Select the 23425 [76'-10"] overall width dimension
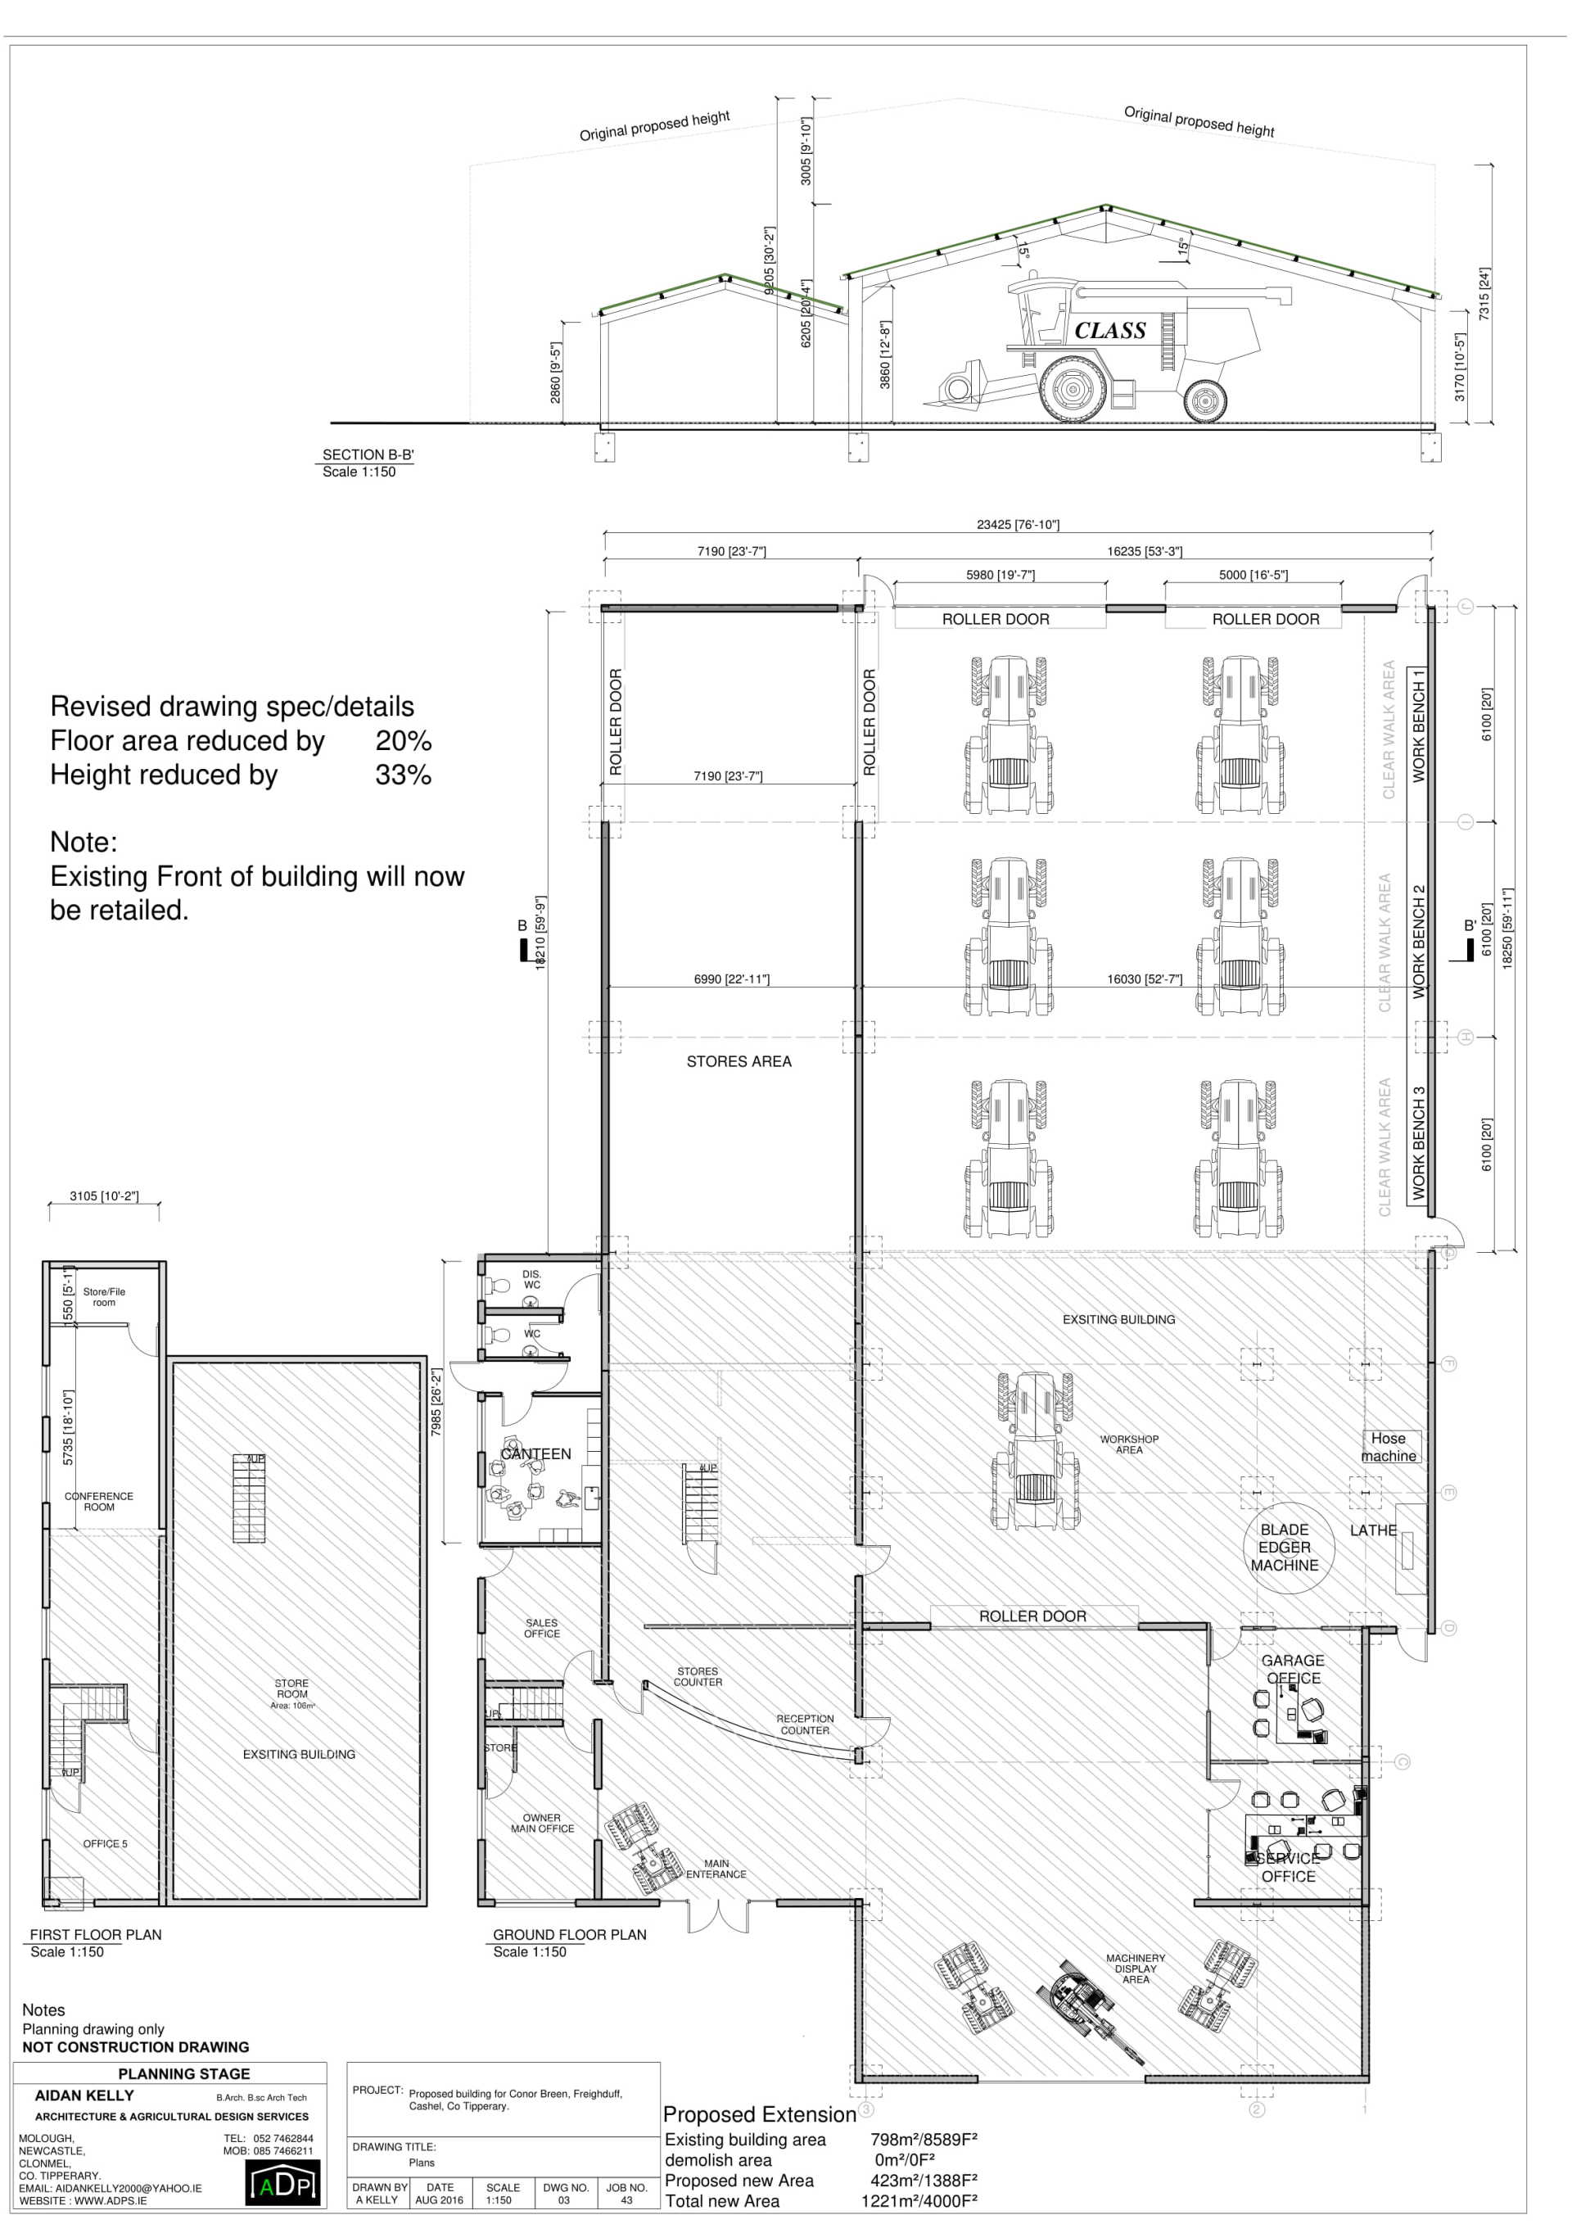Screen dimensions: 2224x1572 (x=1017, y=525)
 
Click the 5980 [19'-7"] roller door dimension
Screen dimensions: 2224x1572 (x=1000, y=576)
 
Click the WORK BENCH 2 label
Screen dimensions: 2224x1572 (x=1419, y=942)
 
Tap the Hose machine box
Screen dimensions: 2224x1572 (x=1388, y=1447)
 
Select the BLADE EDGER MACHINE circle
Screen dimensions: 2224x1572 (x=1283, y=1547)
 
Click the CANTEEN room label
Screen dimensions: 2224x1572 (x=535, y=1454)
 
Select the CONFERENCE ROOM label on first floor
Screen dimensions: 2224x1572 (x=99, y=1502)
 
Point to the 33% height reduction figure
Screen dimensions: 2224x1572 (x=403, y=775)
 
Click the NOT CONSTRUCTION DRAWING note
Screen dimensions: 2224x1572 (x=136, y=2047)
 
